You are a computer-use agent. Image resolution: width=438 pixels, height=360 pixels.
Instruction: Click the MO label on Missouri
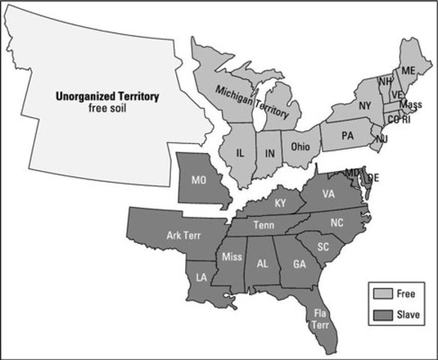[x=199, y=181]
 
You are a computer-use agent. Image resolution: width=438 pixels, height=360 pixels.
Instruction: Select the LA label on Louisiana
[x=202, y=277]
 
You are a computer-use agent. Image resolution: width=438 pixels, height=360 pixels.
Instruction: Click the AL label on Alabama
[x=262, y=263]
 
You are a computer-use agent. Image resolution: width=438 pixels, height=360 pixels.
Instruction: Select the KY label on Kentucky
[x=280, y=203]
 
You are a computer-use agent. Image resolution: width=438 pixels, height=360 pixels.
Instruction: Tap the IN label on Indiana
[x=268, y=153]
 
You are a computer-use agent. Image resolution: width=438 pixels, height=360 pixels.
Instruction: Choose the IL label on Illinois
[x=240, y=152]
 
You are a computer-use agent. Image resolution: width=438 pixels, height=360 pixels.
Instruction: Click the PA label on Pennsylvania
[x=346, y=136]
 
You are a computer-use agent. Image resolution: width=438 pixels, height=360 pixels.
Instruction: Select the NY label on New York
[x=365, y=105]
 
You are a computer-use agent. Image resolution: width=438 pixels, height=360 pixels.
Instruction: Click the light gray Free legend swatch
[x=380, y=294]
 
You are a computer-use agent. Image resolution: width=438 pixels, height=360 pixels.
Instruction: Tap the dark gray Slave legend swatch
[x=380, y=314]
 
